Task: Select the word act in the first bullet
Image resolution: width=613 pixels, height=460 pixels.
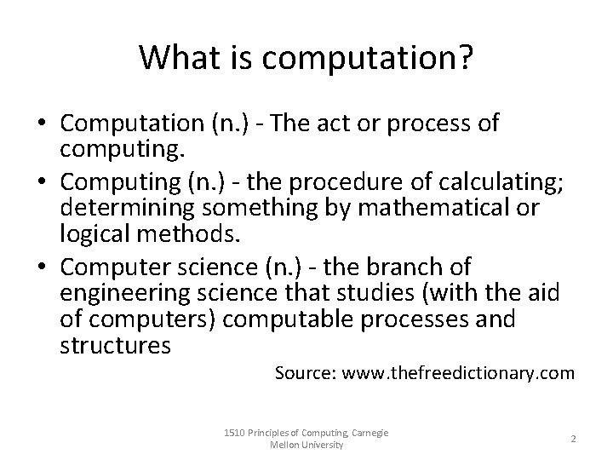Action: point(337,124)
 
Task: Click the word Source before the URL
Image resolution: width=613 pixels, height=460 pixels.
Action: point(306,372)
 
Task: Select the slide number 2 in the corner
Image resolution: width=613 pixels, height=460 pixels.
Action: point(573,438)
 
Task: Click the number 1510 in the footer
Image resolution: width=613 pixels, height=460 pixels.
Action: point(232,433)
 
